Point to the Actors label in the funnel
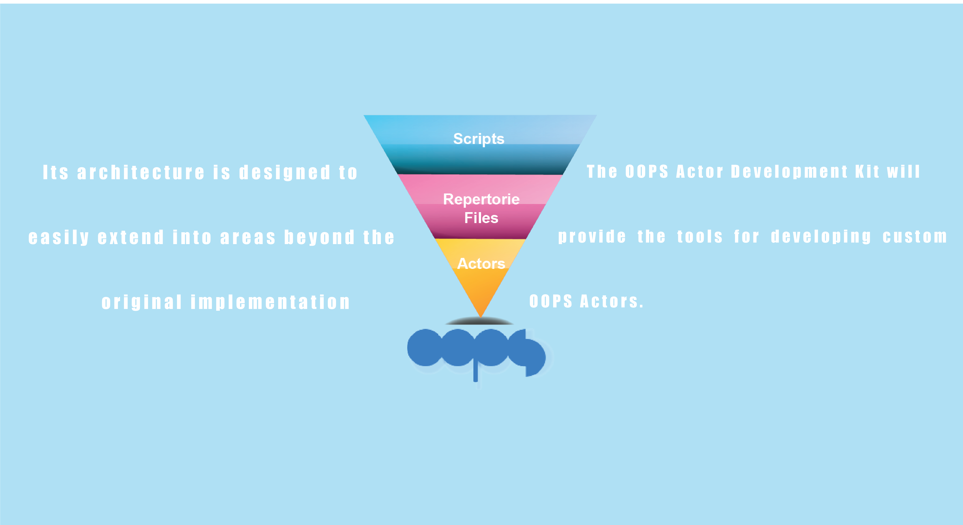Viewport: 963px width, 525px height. coord(481,264)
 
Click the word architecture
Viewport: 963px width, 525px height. coord(141,173)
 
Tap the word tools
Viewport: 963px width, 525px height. coord(700,237)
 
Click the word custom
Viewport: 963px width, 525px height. coord(915,237)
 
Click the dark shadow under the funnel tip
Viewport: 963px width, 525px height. coord(480,321)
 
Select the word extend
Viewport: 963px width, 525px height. coord(131,238)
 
